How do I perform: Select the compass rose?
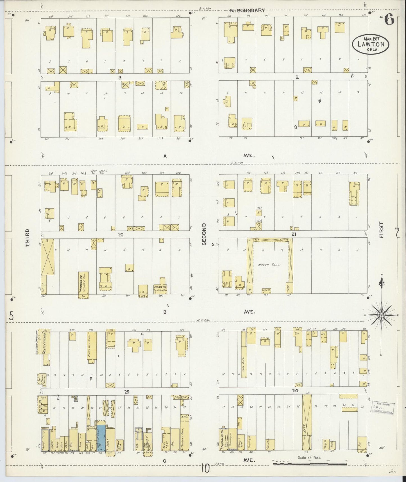(381, 315)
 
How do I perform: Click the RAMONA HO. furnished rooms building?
(83, 284)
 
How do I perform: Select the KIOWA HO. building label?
(159, 287)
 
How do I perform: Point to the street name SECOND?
(204, 234)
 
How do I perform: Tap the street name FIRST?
(381, 230)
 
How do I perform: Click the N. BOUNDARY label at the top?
(247, 11)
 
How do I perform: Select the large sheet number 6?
(389, 20)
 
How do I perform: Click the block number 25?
(127, 391)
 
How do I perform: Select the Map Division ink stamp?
(384, 408)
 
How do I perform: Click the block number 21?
(294, 234)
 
